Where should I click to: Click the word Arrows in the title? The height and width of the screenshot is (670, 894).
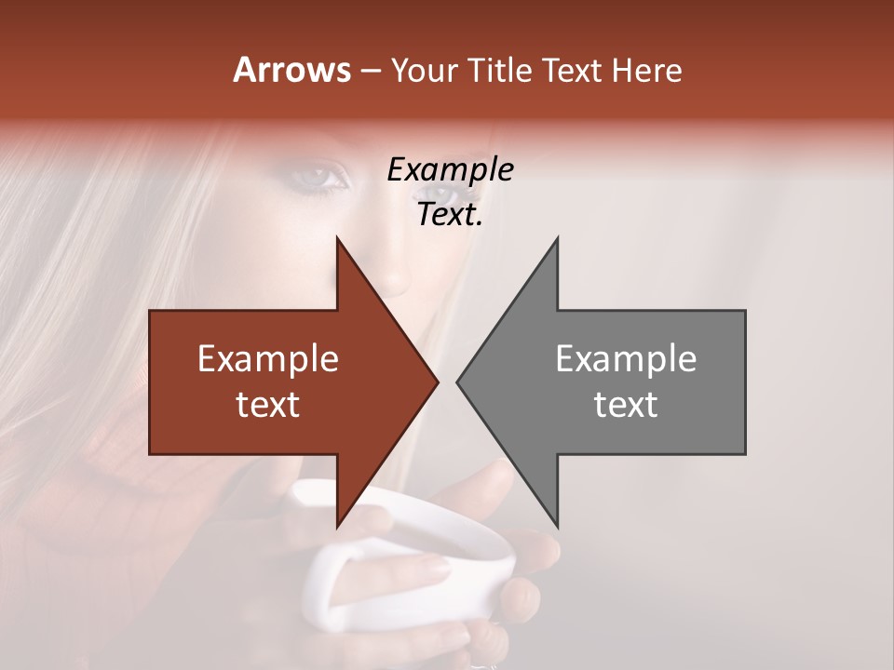(x=291, y=70)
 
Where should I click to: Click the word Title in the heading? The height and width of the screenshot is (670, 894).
(x=499, y=71)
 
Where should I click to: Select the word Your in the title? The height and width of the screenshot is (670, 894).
(x=422, y=71)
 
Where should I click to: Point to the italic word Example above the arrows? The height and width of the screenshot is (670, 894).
(x=450, y=170)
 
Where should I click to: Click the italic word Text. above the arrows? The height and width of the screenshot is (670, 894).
(x=450, y=215)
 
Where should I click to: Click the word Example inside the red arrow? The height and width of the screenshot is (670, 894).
(x=267, y=359)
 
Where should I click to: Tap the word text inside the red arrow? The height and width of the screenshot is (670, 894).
(x=267, y=405)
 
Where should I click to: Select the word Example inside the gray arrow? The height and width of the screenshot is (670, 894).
(x=626, y=359)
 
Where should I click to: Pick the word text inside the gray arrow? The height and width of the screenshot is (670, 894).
(x=626, y=405)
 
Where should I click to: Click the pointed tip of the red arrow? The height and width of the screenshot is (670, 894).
(x=437, y=382)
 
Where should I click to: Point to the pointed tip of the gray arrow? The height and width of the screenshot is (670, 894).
(x=458, y=382)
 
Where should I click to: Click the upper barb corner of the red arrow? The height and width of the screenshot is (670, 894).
(x=337, y=239)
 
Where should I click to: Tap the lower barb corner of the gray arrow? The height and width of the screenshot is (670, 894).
(x=557, y=527)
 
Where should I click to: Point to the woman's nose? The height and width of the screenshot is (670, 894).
(x=396, y=275)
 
